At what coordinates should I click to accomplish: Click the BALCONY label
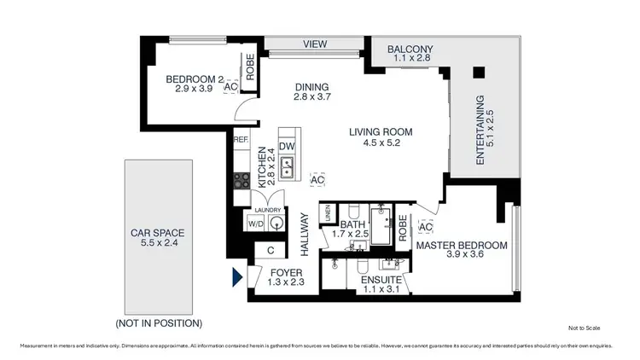pos(410,49)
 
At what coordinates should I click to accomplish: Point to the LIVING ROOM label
pos(381,132)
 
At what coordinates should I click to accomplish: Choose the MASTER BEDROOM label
pos(461,246)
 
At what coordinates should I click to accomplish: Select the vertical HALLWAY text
pos(304,235)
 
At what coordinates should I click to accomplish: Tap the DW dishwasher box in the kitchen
pos(287,147)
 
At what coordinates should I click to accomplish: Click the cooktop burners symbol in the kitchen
pos(242,180)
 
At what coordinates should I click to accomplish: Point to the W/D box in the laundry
pos(255,224)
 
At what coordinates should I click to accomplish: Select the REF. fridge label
pos(241,139)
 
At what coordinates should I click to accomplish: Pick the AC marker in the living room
pos(317,181)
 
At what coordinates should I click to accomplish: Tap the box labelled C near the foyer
pos(271,250)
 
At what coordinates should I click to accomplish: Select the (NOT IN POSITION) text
pos(159,323)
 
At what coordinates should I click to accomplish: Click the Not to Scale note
pos(585,328)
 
